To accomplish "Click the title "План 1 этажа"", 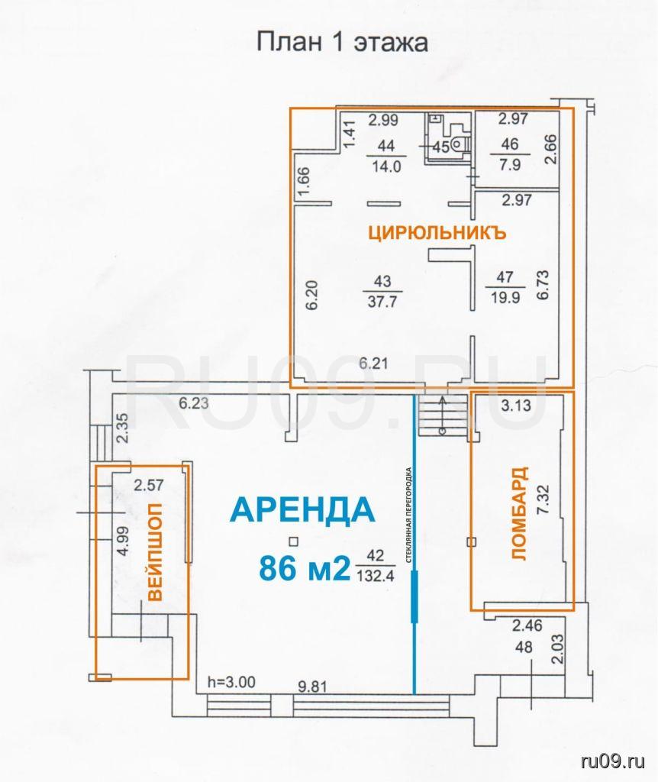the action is tap(342, 42).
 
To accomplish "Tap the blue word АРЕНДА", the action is tap(302, 509).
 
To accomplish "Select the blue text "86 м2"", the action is tap(305, 568).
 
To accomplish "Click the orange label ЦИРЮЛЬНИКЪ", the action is tap(437, 233).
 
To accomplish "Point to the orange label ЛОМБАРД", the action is tap(519, 514).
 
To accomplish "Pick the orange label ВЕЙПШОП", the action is tap(156, 552).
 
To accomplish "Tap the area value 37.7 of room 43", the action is tap(382, 302).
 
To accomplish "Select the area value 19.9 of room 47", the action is tap(505, 297).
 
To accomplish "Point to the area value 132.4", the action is tap(376, 576).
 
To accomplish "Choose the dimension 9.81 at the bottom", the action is tap(312, 687).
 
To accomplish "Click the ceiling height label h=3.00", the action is tap(232, 682).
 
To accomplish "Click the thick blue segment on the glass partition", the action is tap(414, 596).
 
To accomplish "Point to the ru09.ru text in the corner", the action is tap(613, 761).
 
